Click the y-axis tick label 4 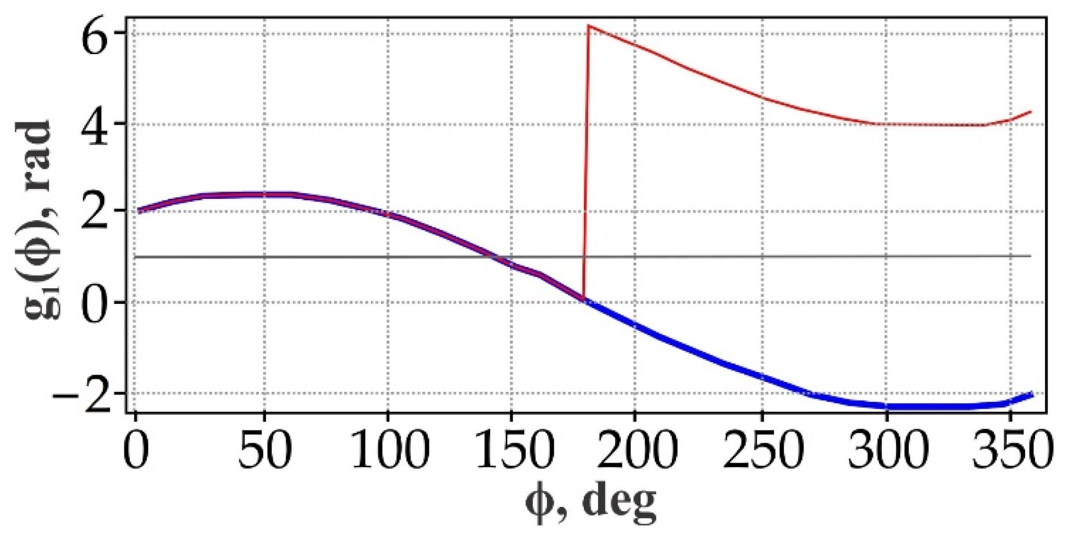(x=99, y=125)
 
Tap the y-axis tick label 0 (x=99, y=302)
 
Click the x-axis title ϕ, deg (x=591, y=502)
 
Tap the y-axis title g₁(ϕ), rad (x=39, y=219)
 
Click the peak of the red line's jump (x=589, y=26)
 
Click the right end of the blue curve (x=1031, y=395)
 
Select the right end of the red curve (x=1030, y=112)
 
